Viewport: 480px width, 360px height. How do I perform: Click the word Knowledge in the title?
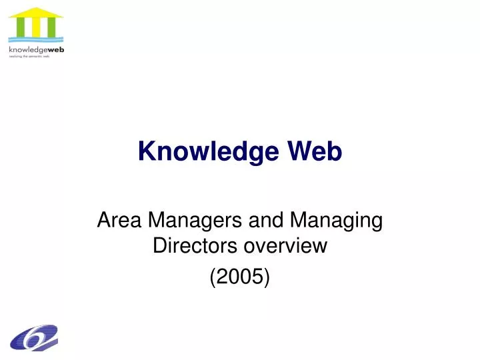coord(209,152)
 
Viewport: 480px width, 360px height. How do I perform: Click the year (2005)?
coord(240,275)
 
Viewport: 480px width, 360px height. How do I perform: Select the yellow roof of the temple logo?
coord(36,13)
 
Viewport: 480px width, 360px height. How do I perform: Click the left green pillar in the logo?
coord(21,28)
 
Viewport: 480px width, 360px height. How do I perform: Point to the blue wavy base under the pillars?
coord(36,40)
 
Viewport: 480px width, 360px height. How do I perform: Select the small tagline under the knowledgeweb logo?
coord(29,57)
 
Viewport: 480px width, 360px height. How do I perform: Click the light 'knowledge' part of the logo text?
coord(25,50)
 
